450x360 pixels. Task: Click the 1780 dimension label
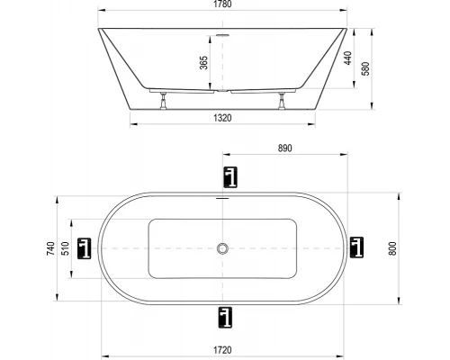pyautogui.click(x=222, y=4)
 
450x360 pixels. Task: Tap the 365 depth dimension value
pyautogui.click(x=203, y=63)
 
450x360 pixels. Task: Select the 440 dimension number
pyautogui.click(x=347, y=58)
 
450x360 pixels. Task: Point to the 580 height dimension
pyautogui.click(x=366, y=68)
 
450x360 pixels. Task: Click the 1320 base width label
pyautogui.click(x=222, y=118)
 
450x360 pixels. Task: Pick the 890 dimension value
pyautogui.click(x=284, y=148)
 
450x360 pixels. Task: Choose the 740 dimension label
pyautogui.click(x=51, y=248)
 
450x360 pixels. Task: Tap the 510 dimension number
pyautogui.click(x=65, y=248)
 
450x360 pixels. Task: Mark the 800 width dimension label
pyautogui.click(x=392, y=248)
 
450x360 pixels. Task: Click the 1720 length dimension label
pyautogui.click(x=222, y=350)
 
